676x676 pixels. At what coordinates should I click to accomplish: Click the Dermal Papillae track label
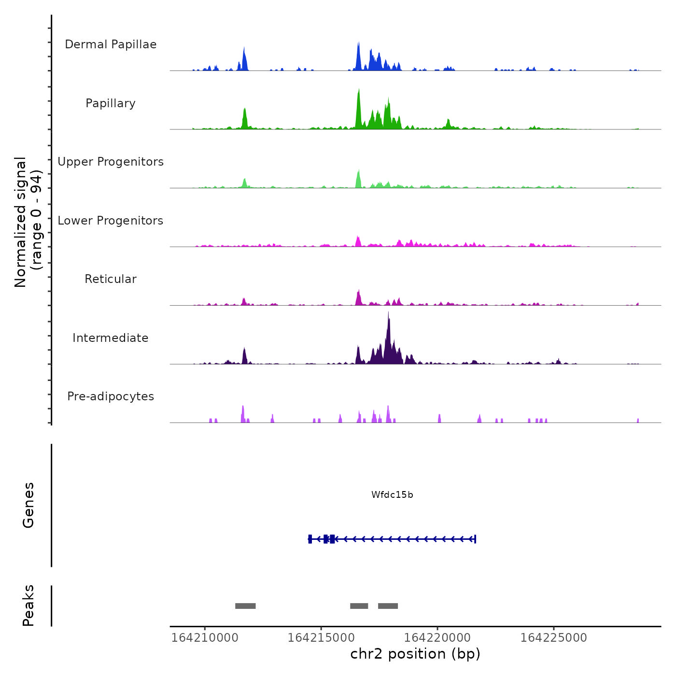coord(111,44)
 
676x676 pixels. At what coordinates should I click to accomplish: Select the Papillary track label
coord(111,103)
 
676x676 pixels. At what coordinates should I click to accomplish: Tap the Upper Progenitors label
coord(111,162)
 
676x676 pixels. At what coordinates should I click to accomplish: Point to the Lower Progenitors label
coord(111,221)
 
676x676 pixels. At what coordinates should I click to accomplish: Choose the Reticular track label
coord(111,279)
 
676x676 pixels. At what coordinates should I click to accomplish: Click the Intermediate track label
coord(111,338)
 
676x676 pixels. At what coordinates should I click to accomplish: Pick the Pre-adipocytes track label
coord(111,396)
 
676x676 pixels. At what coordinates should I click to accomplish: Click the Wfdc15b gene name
coord(392,495)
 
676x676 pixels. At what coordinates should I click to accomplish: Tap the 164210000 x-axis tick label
coord(205,638)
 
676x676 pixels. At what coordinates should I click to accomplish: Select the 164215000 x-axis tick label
coord(321,638)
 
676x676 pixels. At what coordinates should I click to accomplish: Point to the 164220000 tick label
coord(437,638)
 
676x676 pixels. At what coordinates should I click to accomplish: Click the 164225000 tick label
coord(554,638)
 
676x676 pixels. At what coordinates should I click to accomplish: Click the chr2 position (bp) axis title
coord(415,654)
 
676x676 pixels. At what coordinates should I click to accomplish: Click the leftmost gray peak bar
coord(245,606)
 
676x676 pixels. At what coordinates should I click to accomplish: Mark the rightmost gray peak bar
coord(388,606)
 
